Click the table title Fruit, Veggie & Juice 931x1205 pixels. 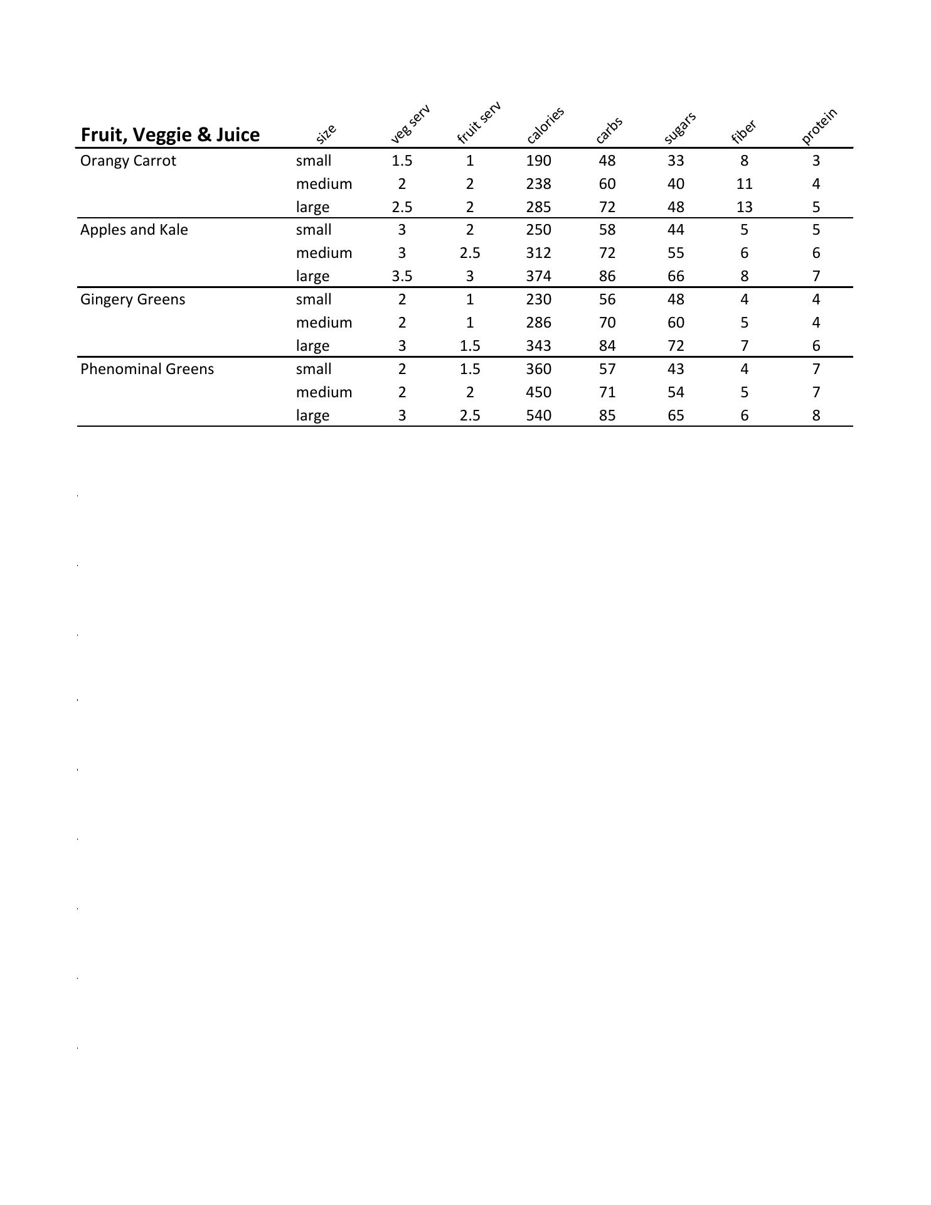[170, 135]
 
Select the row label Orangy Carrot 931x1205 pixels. [128, 161]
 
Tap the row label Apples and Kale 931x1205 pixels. [134, 230]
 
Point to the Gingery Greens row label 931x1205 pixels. [132, 299]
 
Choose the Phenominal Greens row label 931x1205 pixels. [147, 369]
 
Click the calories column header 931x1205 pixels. [545, 125]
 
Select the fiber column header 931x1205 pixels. [744, 132]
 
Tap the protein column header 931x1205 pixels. [819, 126]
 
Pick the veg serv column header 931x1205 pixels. [410, 124]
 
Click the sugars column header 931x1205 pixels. [680, 127]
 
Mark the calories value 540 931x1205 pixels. [538, 415]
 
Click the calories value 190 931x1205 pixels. [538, 161]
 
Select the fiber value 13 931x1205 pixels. [744, 207]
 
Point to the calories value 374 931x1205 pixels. [538, 276]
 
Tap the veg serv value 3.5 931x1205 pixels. [402, 276]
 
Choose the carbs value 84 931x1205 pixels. [607, 346]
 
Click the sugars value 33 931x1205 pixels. [675, 161]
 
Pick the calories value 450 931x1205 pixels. [538, 392]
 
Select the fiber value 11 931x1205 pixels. [744, 184]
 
